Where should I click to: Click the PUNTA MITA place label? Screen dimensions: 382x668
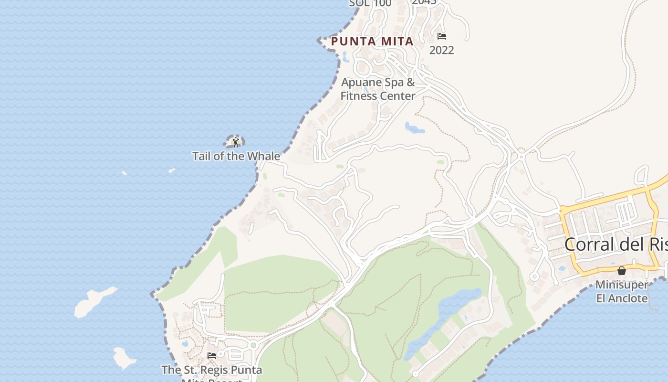click(x=372, y=42)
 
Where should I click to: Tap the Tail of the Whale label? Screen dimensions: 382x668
click(x=236, y=156)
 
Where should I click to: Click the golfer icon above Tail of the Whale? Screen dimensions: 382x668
click(x=235, y=142)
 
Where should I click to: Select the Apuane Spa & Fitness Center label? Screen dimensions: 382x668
click(x=378, y=89)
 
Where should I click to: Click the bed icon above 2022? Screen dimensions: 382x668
click(x=442, y=36)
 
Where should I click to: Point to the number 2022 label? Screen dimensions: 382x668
click(x=442, y=50)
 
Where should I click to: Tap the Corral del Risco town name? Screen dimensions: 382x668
click(x=616, y=244)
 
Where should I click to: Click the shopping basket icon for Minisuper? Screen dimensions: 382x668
click(x=622, y=271)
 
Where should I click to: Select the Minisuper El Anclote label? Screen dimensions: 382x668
click(x=622, y=292)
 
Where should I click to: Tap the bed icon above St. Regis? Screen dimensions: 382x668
click(x=212, y=356)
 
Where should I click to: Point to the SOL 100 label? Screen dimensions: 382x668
click(x=370, y=3)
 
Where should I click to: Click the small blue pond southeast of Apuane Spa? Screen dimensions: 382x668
click(x=415, y=128)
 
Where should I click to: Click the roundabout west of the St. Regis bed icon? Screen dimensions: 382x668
click(x=253, y=345)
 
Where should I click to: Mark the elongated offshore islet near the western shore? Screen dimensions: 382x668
click(x=94, y=301)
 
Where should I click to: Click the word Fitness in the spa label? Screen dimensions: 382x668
click(x=358, y=96)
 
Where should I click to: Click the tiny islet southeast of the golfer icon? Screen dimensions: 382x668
click(x=172, y=170)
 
